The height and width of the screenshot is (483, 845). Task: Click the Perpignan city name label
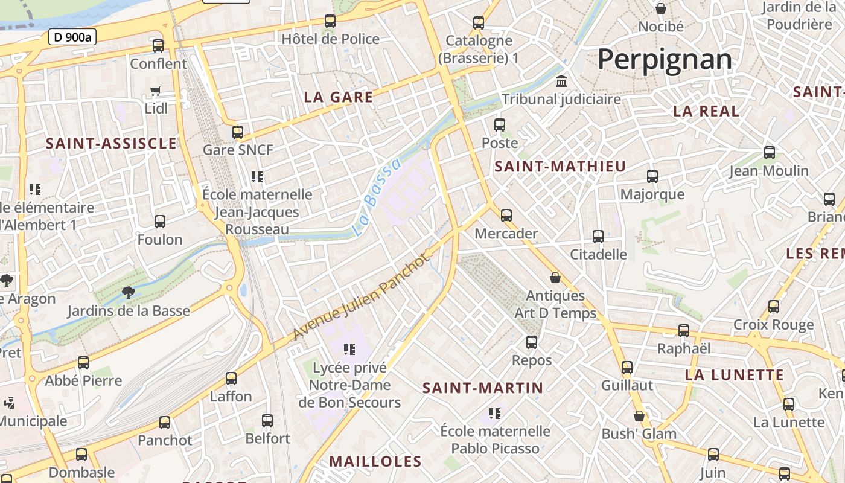(x=665, y=60)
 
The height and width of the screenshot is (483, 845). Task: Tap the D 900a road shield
(x=72, y=37)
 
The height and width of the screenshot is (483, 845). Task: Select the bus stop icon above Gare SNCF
(x=238, y=132)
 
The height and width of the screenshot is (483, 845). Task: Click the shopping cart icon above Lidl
(x=156, y=91)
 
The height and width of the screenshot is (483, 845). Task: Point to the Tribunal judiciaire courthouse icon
(x=561, y=82)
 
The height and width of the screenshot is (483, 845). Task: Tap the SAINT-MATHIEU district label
(x=560, y=167)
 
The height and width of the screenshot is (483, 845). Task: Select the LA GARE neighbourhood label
(x=339, y=97)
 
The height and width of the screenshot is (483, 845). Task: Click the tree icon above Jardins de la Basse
(x=128, y=293)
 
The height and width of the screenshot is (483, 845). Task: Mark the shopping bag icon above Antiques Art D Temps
(x=555, y=278)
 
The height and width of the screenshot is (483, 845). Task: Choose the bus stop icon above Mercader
(x=506, y=215)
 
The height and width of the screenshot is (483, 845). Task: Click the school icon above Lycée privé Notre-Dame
(x=349, y=349)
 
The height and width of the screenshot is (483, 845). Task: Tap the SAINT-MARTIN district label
(x=483, y=388)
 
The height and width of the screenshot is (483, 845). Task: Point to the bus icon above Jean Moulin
(x=769, y=153)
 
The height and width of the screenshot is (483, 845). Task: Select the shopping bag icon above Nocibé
(x=661, y=8)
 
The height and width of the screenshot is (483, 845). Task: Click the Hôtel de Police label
(x=331, y=39)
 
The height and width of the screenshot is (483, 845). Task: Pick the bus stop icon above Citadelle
(x=598, y=236)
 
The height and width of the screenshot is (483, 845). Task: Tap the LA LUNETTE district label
(x=734, y=375)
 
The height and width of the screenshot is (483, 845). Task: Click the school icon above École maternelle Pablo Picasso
(x=495, y=414)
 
